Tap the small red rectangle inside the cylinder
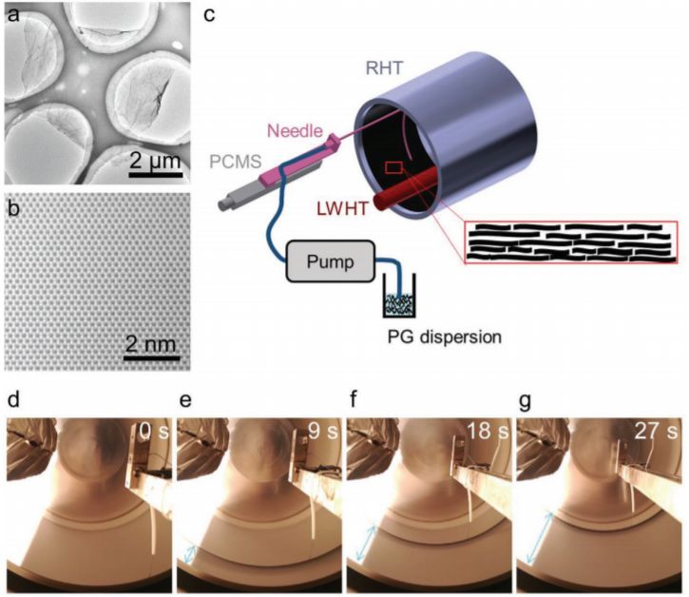393,168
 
